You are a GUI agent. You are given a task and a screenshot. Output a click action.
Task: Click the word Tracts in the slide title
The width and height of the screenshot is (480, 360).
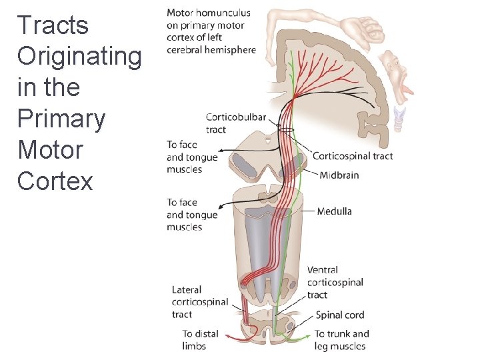pos(53,25)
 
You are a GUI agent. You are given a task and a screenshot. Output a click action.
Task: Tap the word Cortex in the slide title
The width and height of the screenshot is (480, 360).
pos(55,181)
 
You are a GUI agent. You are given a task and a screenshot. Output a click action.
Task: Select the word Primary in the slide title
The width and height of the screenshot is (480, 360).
pos(61,119)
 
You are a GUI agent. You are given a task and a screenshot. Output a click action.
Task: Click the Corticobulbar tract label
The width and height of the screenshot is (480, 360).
pos(235,123)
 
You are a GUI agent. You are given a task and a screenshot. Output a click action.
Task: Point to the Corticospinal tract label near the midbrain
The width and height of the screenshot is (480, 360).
pos(352,156)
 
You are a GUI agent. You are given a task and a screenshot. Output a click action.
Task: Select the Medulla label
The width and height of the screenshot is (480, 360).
pos(334,211)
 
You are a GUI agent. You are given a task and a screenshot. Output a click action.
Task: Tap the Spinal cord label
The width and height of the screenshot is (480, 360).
pos(340,315)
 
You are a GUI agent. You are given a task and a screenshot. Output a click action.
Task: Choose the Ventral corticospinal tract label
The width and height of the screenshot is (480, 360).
pos(335,282)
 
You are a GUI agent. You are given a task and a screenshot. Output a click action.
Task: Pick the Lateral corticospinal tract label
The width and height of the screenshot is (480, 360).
pos(199,302)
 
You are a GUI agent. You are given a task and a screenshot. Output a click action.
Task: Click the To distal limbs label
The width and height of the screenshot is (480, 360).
pos(200,340)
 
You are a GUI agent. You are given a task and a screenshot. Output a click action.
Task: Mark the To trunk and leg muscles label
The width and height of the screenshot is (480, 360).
pos(341,340)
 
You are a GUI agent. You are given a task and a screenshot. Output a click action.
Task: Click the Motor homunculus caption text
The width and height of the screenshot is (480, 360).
pos(211,31)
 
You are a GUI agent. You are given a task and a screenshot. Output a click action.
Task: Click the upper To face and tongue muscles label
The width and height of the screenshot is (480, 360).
pos(192,157)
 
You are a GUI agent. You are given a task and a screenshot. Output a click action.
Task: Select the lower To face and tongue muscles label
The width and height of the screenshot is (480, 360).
pos(192,215)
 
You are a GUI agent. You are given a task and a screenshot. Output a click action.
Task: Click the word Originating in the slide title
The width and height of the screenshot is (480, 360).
pos(79,56)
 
